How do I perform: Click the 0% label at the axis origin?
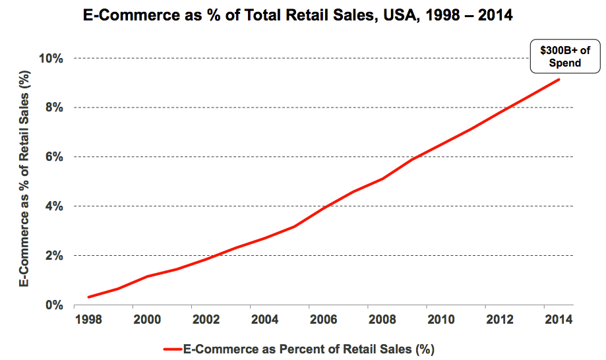tap(53, 305)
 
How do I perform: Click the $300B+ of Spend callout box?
tap(565, 57)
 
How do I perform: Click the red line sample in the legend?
tap(172, 347)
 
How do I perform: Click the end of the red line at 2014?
tap(559, 80)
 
